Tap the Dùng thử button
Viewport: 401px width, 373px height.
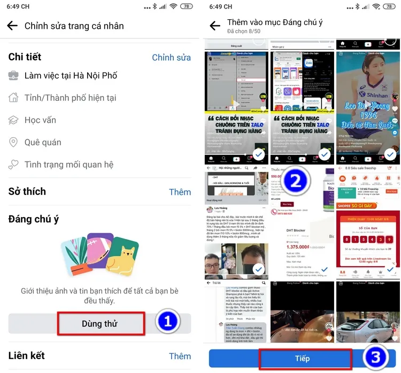coord(101,323)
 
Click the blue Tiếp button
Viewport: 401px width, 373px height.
coord(303,358)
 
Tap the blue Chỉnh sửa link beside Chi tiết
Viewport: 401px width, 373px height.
coord(171,57)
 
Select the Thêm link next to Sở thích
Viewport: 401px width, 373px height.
coord(180,192)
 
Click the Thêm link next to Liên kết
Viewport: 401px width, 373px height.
coord(180,356)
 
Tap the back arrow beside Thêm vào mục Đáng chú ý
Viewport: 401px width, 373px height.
coord(215,26)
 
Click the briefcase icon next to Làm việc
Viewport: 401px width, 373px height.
coord(13,76)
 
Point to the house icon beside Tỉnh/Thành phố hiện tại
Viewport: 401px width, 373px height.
coord(13,98)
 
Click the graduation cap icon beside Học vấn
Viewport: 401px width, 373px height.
coord(13,120)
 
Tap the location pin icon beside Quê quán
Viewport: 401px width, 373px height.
coord(13,142)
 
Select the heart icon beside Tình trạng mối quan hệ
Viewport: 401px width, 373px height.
coord(13,164)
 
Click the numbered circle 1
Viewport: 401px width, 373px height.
coord(167,322)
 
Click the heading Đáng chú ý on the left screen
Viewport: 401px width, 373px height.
coord(34,219)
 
